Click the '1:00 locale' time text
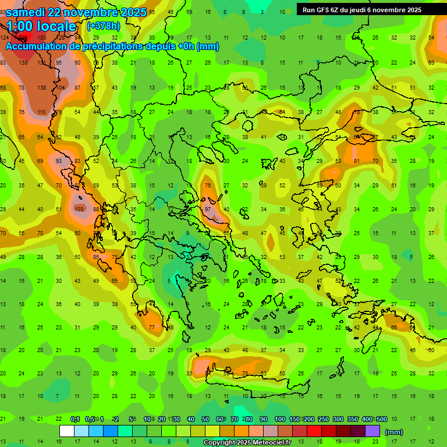pyautogui.click(x=41, y=26)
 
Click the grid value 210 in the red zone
pyautogui.click(x=23, y=37)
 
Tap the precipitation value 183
pyautogui.click(x=41, y=37)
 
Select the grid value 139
pyautogui.click(x=23, y=62)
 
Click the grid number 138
pyautogui.click(x=41, y=87)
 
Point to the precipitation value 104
pyautogui.click(x=60, y=87)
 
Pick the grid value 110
pyautogui.click(x=41, y=112)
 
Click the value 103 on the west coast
pyautogui.click(x=79, y=209)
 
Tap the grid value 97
pyautogui.click(x=208, y=209)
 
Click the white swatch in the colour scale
pyautogui.click(x=66, y=431)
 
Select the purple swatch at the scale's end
pyautogui.click(x=372, y=431)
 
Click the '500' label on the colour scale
pyautogui.click(x=381, y=420)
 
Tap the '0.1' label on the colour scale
pyautogui.click(x=74, y=420)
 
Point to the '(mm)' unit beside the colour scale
pyautogui.click(x=394, y=432)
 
